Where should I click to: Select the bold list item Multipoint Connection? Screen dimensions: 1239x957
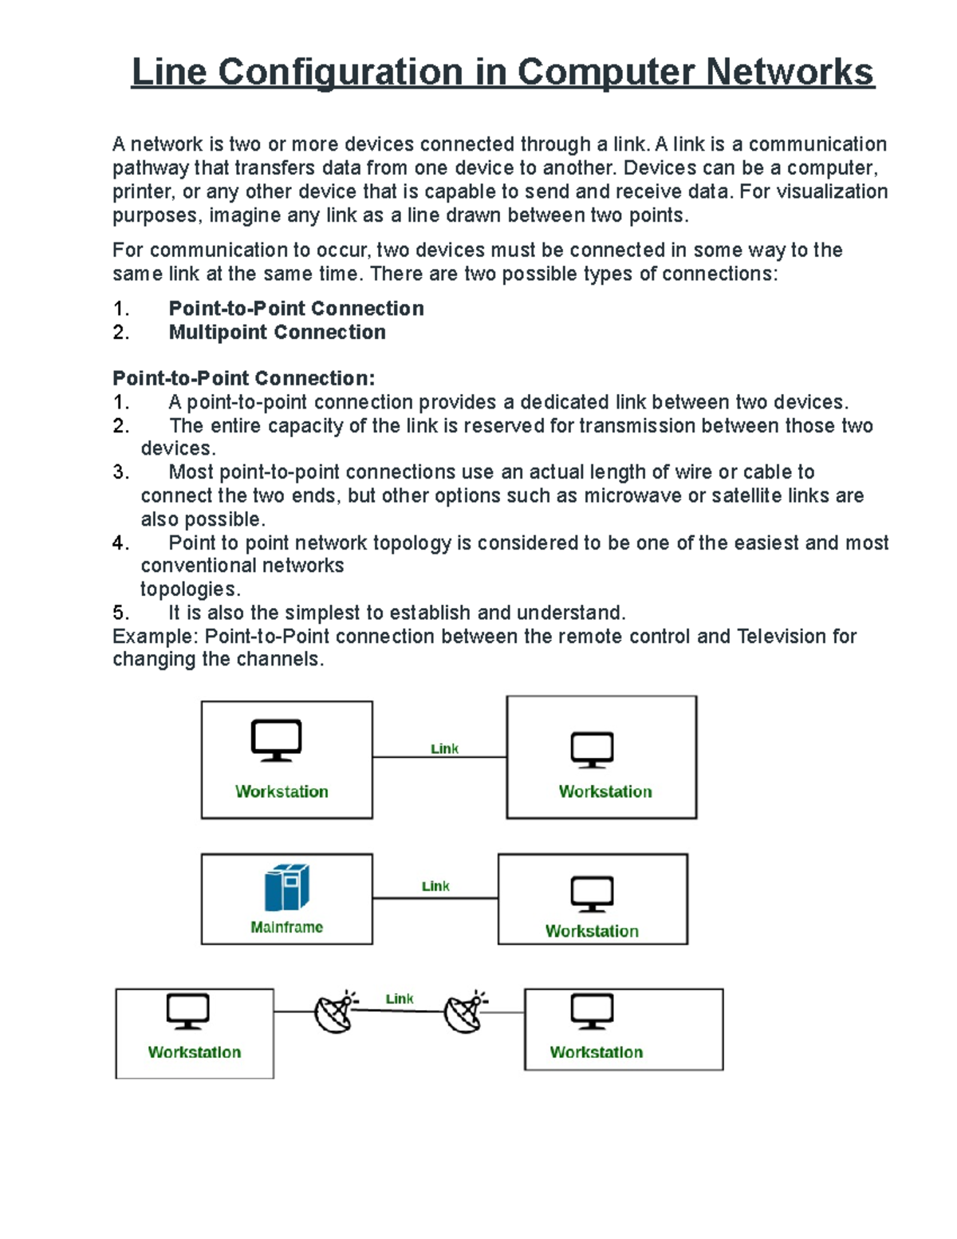click(x=277, y=332)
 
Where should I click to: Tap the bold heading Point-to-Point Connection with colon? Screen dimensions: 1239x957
click(x=243, y=378)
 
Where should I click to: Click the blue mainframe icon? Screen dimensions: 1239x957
click(x=286, y=887)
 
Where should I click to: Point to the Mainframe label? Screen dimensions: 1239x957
click(x=286, y=927)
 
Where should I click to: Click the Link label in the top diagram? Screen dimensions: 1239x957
click(x=444, y=748)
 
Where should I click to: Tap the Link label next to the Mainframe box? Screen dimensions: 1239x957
click(x=435, y=886)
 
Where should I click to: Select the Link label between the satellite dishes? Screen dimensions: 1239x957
click(x=400, y=999)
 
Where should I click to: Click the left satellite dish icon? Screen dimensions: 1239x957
click(x=335, y=1012)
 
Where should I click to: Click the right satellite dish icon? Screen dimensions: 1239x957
click(x=465, y=1012)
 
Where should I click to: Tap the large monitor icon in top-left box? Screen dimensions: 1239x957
click(x=276, y=740)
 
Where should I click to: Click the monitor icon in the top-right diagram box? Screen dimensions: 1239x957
click(x=592, y=750)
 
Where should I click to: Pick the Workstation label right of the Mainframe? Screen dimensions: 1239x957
click(x=592, y=931)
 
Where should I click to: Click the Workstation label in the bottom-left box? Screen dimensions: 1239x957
click(x=194, y=1052)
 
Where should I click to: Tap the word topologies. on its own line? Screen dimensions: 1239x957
click(x=190, y=590)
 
